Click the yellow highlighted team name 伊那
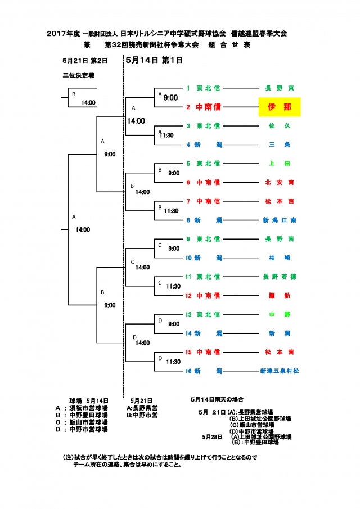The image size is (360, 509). (280, 107)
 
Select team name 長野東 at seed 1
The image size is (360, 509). (280, 88)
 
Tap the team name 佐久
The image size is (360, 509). (280, 126)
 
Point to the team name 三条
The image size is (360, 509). (280, 145)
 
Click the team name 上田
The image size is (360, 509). (280, 164)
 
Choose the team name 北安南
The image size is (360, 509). (280, 182)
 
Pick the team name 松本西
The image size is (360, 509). (280, 201)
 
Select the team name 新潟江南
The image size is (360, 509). (280, 220)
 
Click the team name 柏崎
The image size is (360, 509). (280, 258)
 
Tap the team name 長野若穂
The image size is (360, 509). (280, 277)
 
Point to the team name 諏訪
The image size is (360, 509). (280, 295)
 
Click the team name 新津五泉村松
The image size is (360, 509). (280, 371)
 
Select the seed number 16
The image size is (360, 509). (189, 371)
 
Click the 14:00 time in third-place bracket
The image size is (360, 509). (88, 103)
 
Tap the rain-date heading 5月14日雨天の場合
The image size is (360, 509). (217, 400)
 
